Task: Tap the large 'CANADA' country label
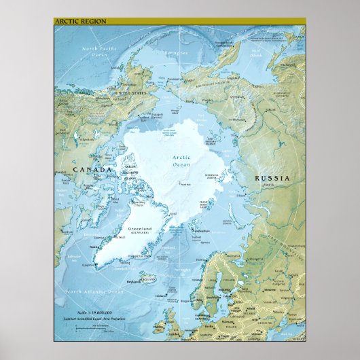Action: pyautogui.click(x=92, y=170)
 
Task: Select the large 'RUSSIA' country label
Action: pyautogui.click(x=272, y=178)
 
